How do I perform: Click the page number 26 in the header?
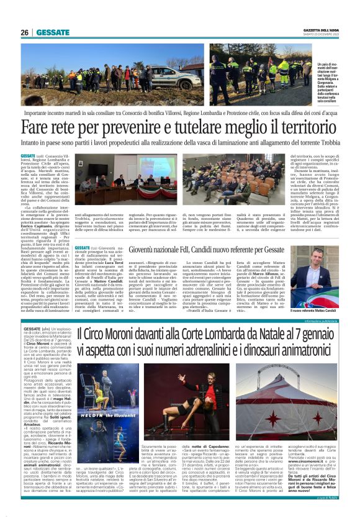click(x=25, y=33)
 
